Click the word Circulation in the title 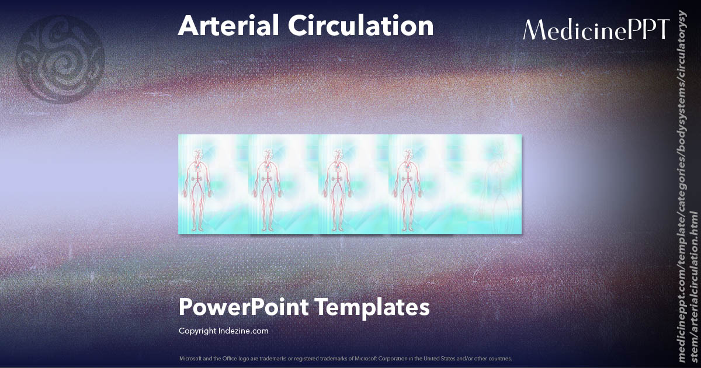pos(360,26)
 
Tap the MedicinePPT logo pos(596,29)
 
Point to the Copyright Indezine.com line pos(224,331)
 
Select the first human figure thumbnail pos(199,185)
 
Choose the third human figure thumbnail pos(338,185)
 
